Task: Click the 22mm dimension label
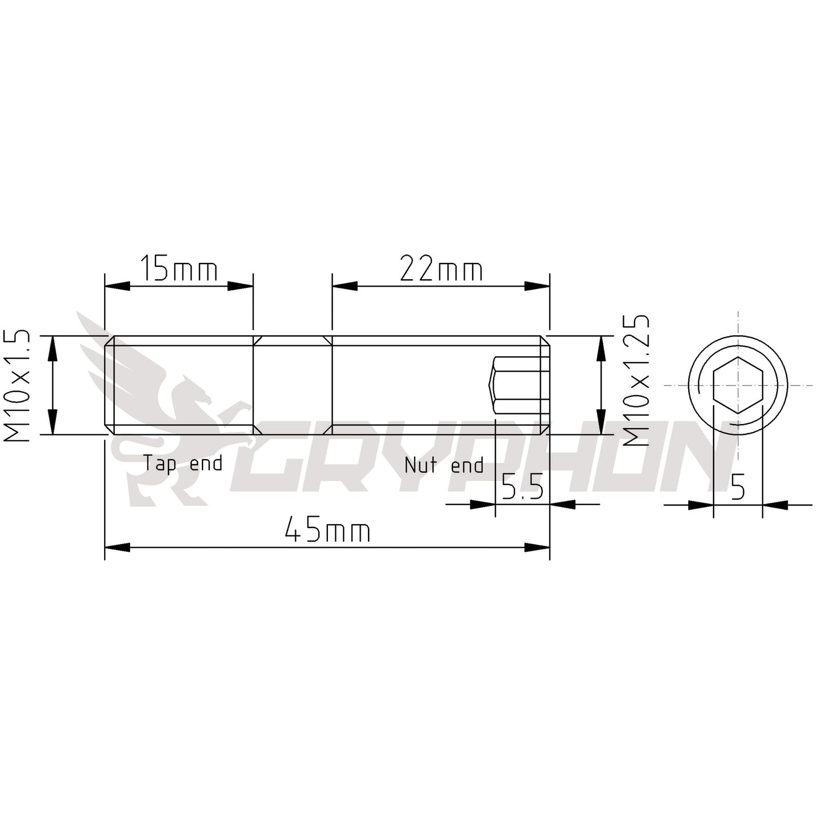coord(442,270)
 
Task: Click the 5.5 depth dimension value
coord(522,487)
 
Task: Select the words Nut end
coord(444,465)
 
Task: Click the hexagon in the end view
coord(738,385)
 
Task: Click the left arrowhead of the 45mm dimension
coord(117,547)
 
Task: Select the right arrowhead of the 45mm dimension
coord(538,547)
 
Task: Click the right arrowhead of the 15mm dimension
coord(240,286)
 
